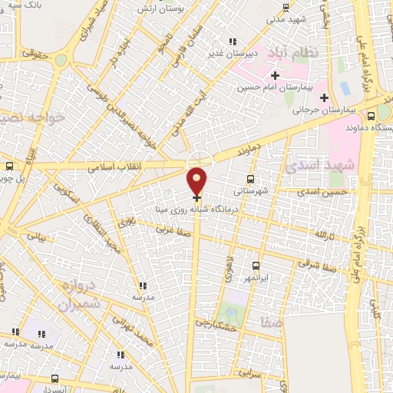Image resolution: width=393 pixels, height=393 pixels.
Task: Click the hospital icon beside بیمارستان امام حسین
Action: (274, 75)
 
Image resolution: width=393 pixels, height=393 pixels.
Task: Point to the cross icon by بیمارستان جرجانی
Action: (324, 97)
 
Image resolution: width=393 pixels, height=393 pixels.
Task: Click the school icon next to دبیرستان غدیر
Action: (233, 42)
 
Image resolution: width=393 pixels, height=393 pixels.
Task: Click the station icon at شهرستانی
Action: (250, 179)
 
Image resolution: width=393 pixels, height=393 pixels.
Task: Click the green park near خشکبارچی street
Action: (229, 313)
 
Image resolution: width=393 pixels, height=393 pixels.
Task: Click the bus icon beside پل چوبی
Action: (9, 166)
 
